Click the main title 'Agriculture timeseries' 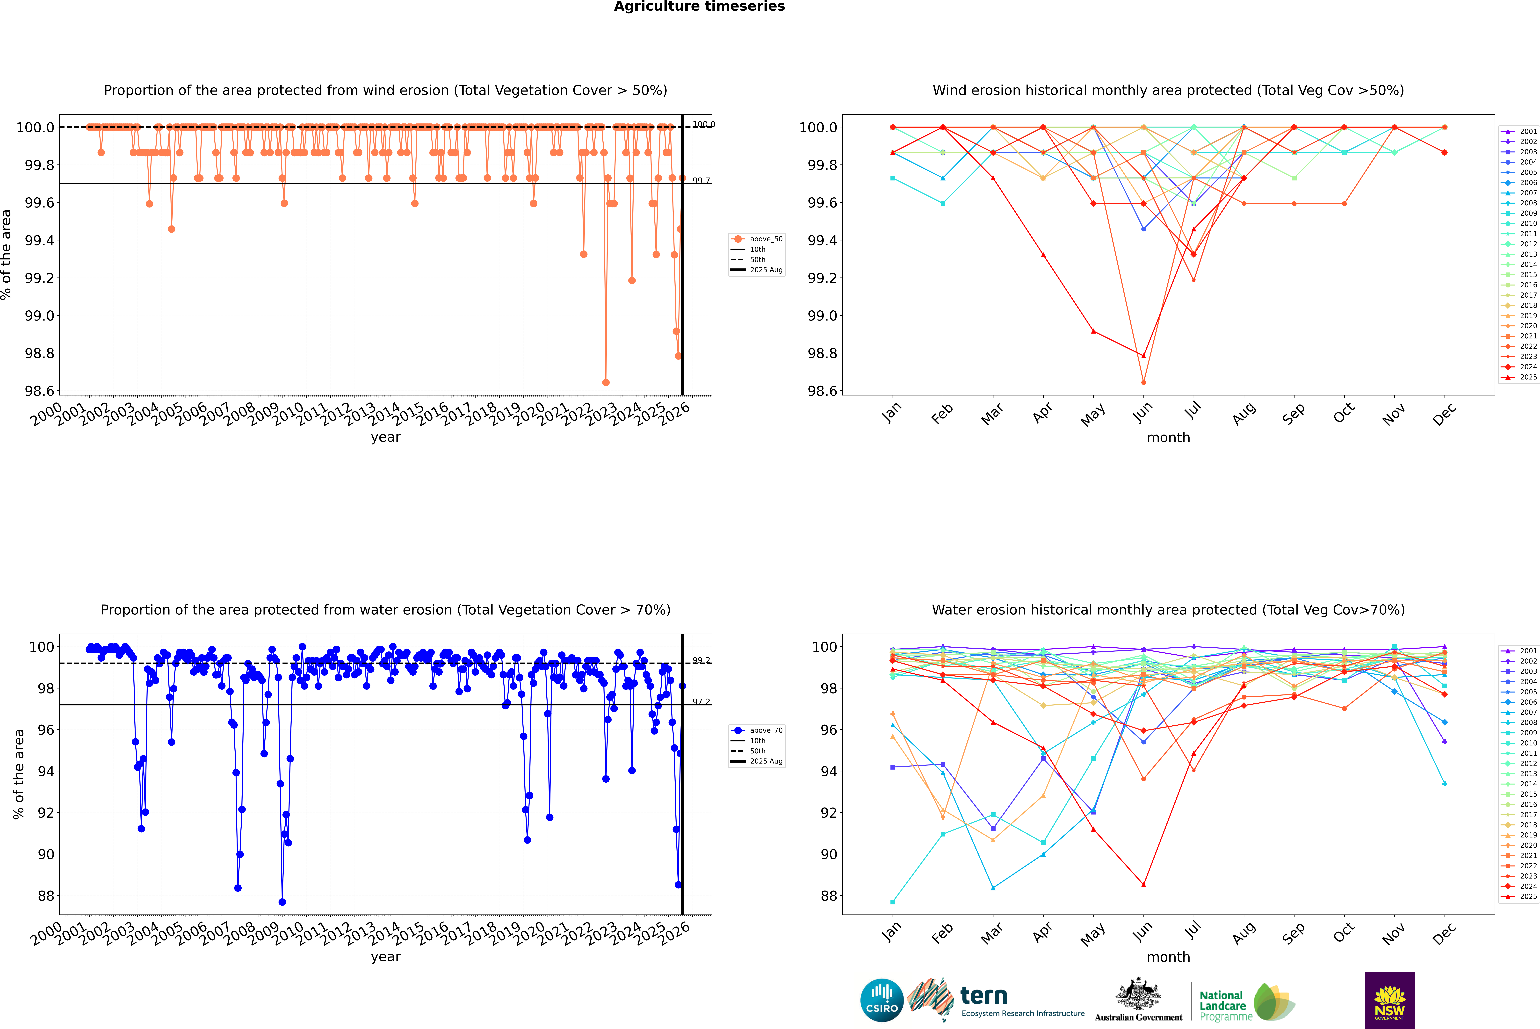(x=699, y=7)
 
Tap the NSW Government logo (x=1390, y=1000)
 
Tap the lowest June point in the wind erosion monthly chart (x=1143, y=382)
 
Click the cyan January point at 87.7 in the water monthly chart (x=893, y=902)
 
